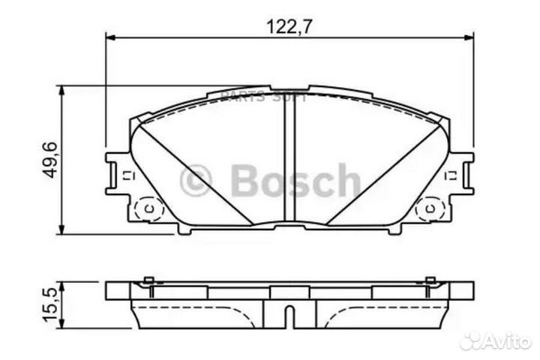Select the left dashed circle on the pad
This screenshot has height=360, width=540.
click(148, 208)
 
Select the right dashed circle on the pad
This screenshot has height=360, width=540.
click(430, 208)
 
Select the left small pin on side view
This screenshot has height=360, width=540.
click(148, 281)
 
